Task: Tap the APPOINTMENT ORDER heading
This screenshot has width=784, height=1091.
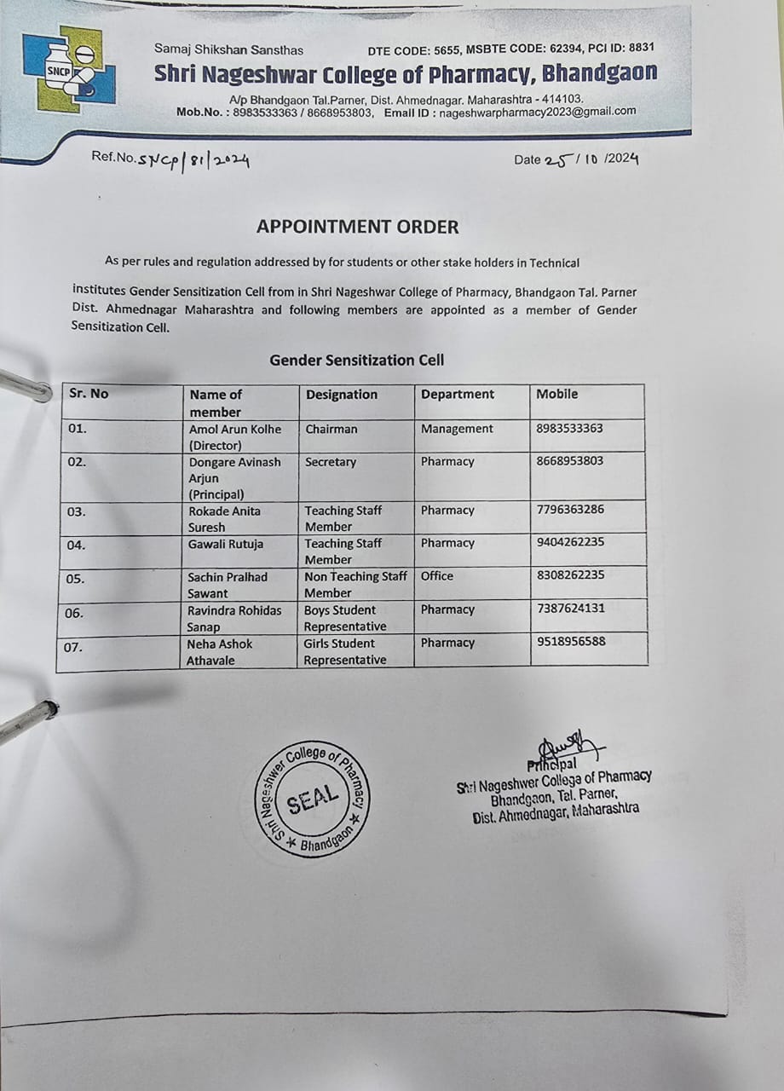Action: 358,227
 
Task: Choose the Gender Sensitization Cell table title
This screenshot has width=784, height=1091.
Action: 356,360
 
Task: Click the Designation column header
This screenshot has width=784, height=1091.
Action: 341,395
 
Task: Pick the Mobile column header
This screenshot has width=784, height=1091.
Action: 556,394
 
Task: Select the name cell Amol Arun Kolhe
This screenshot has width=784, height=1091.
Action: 234,436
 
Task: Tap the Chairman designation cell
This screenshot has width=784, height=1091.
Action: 331,429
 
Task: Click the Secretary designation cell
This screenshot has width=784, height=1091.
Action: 331,462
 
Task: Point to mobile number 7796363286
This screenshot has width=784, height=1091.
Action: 570,511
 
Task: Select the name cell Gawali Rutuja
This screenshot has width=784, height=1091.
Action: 226,544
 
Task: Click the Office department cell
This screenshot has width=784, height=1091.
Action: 437,576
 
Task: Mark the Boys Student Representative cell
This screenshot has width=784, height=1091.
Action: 344,618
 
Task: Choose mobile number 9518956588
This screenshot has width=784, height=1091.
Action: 571,642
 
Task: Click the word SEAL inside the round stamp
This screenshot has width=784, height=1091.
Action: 312,799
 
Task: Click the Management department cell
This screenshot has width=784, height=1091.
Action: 457,429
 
